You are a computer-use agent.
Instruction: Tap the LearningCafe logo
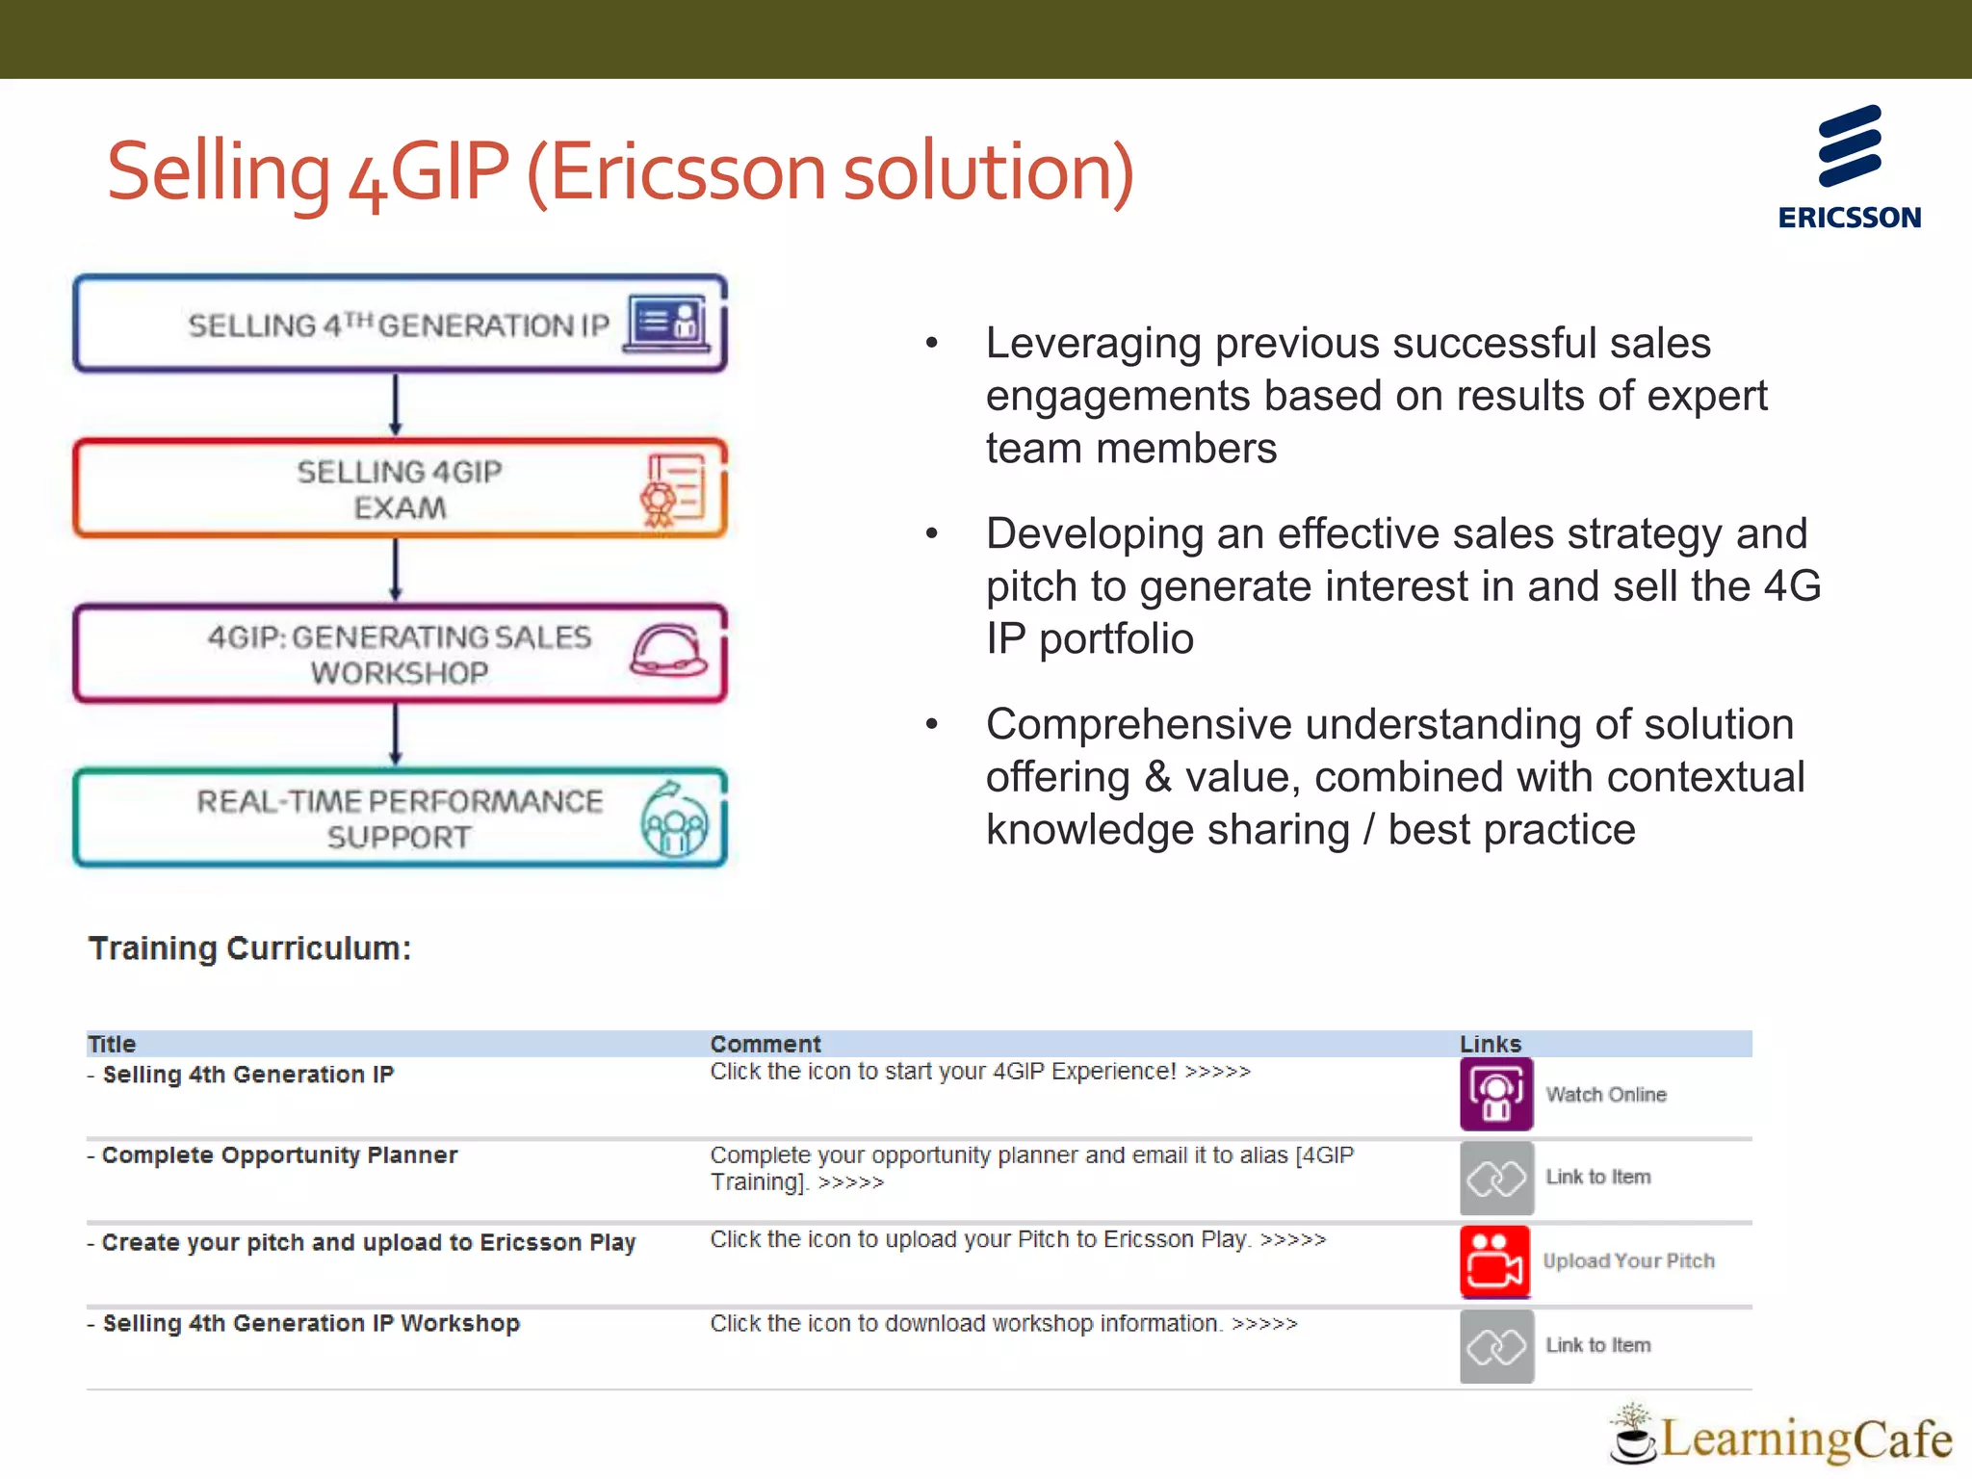click(1781, 1437)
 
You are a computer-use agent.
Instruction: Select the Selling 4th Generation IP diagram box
click(400, 324)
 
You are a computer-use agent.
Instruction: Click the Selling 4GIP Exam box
click(400, 489)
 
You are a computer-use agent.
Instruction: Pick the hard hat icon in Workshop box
click(668, 651)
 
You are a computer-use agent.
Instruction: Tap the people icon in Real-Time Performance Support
click(674, 820)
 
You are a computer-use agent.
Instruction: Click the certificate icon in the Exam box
click(672, 489)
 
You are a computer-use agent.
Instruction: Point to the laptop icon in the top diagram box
click(667, 323)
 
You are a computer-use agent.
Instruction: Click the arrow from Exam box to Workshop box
click(396, 570)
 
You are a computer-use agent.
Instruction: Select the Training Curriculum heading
click(250, 948)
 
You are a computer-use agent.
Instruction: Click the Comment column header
click(765, 1044)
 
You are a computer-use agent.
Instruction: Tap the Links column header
click(1491, 1044)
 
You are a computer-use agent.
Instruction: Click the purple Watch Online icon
click(1496, 1095)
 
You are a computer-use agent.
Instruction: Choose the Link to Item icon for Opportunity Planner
click(1496, 1178)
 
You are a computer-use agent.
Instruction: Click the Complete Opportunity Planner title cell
click(279, 1155)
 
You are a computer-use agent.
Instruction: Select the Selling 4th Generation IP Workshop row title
click(310, 1324)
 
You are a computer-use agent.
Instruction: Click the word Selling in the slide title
click(219, 173)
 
